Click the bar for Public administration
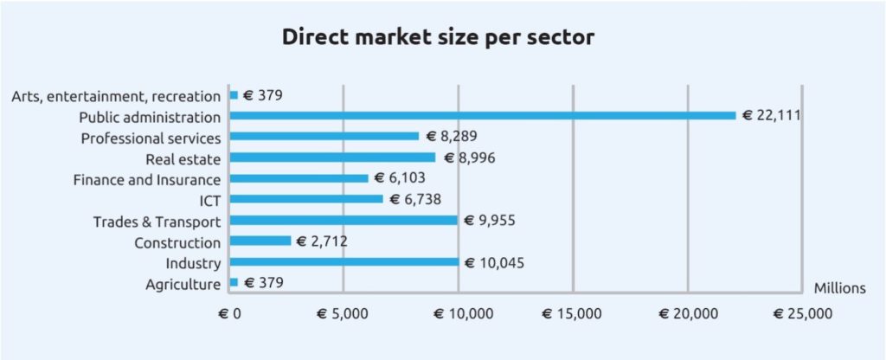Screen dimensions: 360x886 coord(482,115)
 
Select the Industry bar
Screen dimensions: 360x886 coord(344,262)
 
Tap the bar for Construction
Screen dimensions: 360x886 coord(260,241)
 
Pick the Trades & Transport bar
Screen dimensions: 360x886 coord(343,220)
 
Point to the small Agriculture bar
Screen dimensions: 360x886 coord(234,282)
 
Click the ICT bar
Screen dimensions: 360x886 coord(306,199)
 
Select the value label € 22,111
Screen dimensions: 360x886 coord(770,115)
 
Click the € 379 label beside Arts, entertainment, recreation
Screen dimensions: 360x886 coord(263,94)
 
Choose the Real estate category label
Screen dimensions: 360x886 coord(183,158)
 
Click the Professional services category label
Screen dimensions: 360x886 coord(151,138)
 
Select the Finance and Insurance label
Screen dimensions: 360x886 coord(147,179)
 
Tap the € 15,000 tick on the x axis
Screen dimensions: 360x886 coord(575,313)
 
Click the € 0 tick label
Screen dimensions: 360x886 coord(229,313)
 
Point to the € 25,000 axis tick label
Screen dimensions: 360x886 coord(804,313)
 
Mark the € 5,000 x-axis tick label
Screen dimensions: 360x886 coord(343,313)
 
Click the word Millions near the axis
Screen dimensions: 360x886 coord(839,288)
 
